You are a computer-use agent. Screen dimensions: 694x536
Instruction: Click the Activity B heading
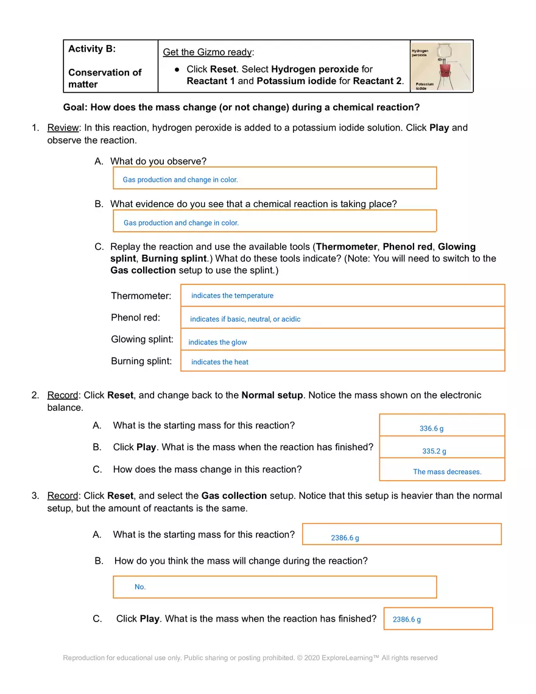tap(92, 49)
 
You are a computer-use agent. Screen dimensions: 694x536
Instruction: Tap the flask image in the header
tap(441, 66)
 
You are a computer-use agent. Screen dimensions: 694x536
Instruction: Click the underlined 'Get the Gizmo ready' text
tap(207, 52)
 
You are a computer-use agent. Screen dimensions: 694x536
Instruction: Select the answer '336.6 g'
tap(431, 429)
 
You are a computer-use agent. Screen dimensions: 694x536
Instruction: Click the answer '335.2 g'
tap(434, 451)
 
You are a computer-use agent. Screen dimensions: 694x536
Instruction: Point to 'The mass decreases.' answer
tap(447, 472)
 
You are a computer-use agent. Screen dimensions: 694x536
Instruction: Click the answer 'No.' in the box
tap(140, 587)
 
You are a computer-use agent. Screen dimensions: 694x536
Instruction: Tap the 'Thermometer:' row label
tap(141, 296)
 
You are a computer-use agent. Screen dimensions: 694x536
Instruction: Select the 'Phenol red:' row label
tap(135, 317)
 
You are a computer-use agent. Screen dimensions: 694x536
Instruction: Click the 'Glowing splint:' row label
tap(142, 339)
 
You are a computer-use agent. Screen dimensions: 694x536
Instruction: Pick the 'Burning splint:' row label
tap(141, 361)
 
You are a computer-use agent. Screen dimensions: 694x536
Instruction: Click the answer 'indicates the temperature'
tap(232, 296)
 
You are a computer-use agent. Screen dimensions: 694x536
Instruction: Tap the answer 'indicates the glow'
tap(217, 342)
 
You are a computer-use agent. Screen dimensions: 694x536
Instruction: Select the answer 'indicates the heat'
tap(220, 362)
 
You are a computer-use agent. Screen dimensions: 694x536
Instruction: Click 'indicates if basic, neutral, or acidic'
tap(245, 319)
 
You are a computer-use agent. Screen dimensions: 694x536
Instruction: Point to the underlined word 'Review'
tap(63, 128)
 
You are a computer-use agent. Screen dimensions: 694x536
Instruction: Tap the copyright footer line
tap(250, 658)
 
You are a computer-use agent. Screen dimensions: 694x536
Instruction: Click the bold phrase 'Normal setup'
tap(272, 395)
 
